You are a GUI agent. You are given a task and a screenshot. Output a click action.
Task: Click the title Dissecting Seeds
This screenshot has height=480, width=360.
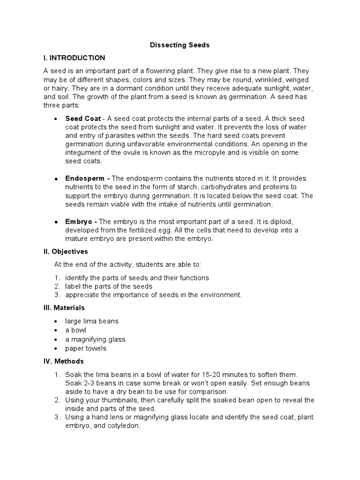coord(180,45)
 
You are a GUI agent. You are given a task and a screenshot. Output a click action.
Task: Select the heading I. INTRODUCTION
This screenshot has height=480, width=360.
coord(75,58)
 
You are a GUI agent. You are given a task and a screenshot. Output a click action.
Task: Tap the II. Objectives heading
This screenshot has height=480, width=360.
coord(66,252)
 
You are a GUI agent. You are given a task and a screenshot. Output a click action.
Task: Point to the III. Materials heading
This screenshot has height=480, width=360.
coord(64,308)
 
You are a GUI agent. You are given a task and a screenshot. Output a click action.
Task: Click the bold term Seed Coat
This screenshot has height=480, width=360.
coord(82,118)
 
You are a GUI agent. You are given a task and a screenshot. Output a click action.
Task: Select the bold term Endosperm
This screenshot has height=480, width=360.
coord(86,179)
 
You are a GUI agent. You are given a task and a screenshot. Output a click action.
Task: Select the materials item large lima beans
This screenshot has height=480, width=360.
coord(92,321)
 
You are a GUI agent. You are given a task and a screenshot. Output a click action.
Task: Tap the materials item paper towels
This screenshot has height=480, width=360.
coord(86,348)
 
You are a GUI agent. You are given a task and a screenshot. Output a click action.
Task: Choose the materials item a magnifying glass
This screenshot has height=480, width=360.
coord(95,339)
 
